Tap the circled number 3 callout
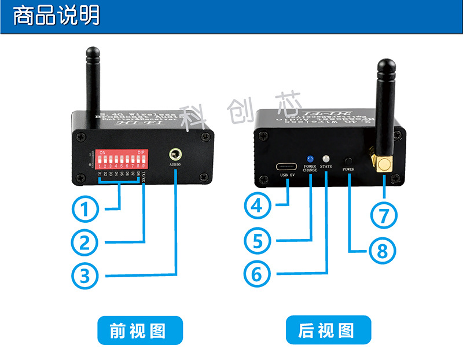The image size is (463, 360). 85,275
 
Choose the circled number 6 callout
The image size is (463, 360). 257,274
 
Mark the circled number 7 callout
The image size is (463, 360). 383,215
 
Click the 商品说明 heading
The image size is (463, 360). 56,14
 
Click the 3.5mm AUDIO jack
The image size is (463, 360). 174,155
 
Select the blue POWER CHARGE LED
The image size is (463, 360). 310,158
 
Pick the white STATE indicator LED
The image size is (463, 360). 326,158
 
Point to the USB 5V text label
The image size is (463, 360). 288,177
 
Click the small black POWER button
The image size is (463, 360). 348,160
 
